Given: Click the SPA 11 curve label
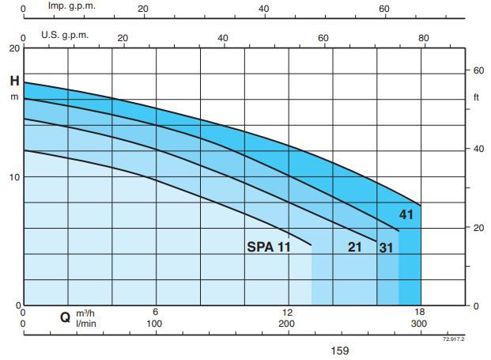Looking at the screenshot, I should coord(269,247).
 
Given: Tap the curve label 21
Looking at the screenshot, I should coord(355,247).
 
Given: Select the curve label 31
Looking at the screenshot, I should coord(386,247).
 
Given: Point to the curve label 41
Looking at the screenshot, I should coord(406,214).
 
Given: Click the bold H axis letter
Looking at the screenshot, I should coord(14,81).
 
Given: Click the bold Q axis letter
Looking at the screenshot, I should coord(65,318).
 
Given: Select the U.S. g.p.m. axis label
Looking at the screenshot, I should coord(65,36).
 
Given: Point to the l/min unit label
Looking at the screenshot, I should coord(85,324).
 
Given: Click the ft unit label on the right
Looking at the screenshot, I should coord(476,97).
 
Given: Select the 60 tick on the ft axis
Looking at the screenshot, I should coord(478,70).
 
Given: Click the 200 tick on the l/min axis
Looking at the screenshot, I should coord(287,324).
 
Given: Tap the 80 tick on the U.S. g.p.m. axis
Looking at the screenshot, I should coord(424,38).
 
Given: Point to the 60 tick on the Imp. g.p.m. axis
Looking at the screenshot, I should coord(384,9).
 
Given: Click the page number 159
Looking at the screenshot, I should coord(338,351).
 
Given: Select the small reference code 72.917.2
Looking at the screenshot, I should coord(453,339).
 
